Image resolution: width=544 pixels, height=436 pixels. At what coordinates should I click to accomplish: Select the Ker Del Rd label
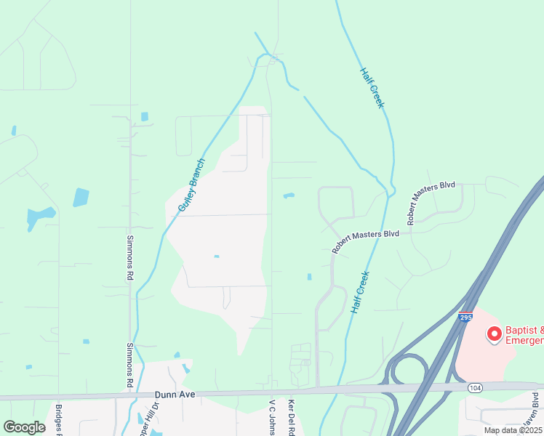pos(291,417)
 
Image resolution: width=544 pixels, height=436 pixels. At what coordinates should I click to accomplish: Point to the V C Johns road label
pos(273,417)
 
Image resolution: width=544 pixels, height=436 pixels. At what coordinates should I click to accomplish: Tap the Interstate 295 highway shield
pos(465,317)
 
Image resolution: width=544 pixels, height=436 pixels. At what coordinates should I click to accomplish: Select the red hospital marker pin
pos(495,334)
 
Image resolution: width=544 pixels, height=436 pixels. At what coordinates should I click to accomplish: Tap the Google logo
pos(24,427)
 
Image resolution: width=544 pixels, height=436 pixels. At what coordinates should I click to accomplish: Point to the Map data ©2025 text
pos(513,430)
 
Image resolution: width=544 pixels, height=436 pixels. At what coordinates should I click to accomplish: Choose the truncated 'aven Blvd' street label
pos(535,411)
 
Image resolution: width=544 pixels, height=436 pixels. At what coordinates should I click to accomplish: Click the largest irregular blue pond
pos(40,217)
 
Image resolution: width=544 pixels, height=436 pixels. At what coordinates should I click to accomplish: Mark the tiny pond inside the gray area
pos(216,256)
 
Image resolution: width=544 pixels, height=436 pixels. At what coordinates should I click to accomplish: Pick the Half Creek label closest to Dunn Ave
pos(360,292)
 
